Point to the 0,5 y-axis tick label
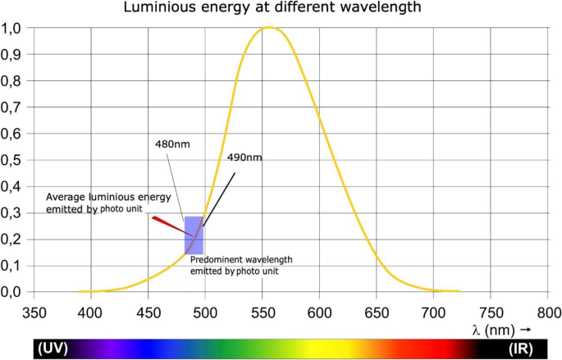pos(12,160)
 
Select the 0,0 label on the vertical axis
pos(12,292)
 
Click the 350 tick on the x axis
pos(34,312)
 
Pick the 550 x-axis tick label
pos(263,312)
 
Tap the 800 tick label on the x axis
pos(549,312)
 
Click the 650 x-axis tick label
pos(377,312)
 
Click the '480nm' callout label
pos(171,144)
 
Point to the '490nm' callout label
pos(244,157)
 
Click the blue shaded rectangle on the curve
pos(194,235)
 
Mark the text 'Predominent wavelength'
pos(241,259)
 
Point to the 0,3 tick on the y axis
pos(12,212)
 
